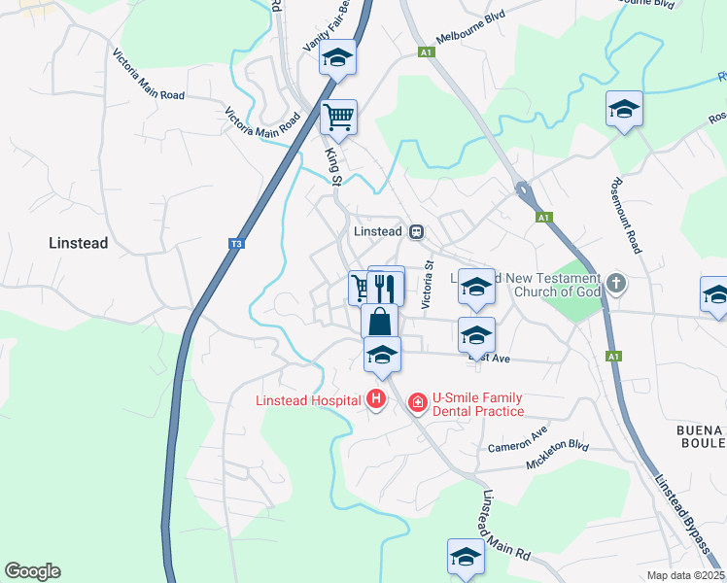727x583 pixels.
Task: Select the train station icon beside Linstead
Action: point(416,231)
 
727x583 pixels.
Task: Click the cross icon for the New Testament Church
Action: point(614,285)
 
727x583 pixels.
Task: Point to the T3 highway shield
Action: point(235,244)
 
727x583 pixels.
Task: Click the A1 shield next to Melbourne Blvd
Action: point(425,52)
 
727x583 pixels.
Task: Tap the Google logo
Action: point(32,571)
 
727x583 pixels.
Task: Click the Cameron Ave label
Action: point(518,438)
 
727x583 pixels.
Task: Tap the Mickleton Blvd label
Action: point(558,455)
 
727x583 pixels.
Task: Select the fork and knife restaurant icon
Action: point(386,287)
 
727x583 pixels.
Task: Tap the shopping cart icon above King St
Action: point(338,119)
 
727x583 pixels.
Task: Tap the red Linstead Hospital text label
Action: point(307,399)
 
